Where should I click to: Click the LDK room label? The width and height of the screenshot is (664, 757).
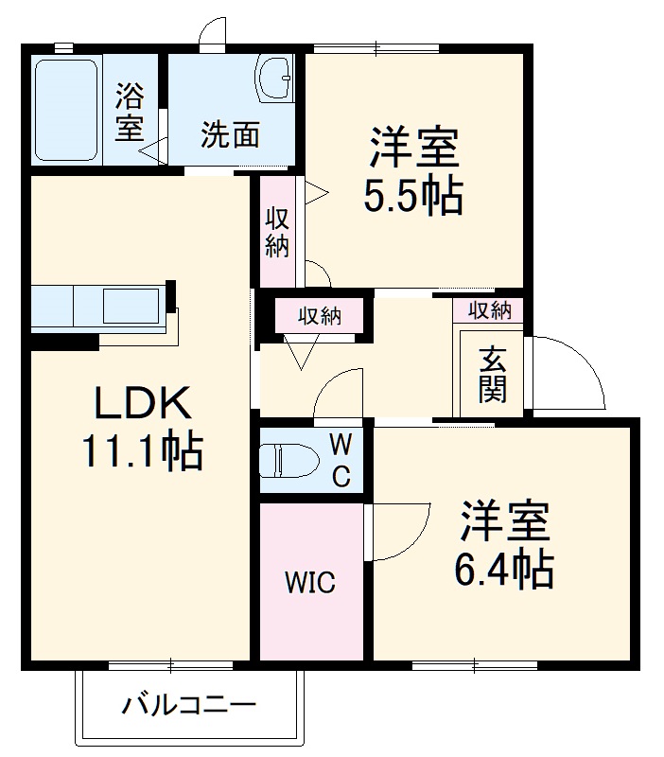pyautogui.click(x=142, y=405)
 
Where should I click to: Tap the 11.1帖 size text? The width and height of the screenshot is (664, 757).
pyautogui.click(x=142, y=453)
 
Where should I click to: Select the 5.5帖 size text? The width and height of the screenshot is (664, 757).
pyautogui.click(x=413, y=196)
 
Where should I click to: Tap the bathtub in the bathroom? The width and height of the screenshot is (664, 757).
pyautogui.click(x=66, y=111)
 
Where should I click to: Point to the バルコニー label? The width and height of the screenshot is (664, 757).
pyautogui.click(x=189, y=705)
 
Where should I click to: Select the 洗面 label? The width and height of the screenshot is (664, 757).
pyautogui.click(x=230, y=135)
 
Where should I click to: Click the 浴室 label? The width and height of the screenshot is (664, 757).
pyautogui.click(x=129, y=112)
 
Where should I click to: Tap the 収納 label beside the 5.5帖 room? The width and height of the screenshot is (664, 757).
pyautogui.click(x=276, y=233)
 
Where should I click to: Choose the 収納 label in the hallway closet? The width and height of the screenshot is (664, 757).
pyautogui.click(x=319, y=316)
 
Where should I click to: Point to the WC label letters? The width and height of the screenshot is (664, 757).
pyautogui.click(x=341, y=460)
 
